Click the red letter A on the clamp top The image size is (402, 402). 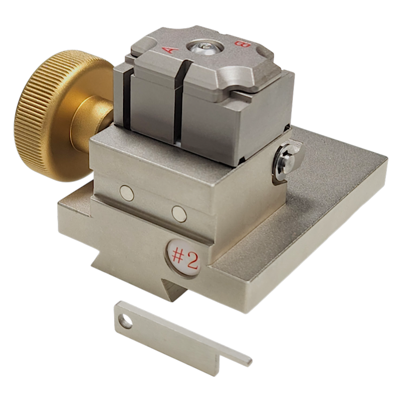(169, 49)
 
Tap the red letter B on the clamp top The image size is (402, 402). (243, 44)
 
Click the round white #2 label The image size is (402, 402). (183, 257)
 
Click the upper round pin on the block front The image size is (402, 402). (127, 193)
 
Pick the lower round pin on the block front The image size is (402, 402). (179, 213)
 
